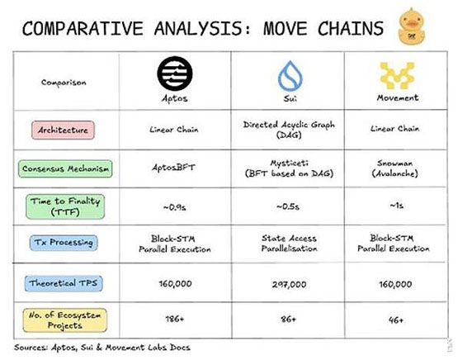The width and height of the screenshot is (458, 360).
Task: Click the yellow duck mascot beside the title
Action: coord(412,26)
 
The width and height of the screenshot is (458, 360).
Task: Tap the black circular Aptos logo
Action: coord(175,73)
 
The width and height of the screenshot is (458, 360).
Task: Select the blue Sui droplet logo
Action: coord(290,76)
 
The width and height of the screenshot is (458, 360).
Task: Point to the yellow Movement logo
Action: coord(397,75)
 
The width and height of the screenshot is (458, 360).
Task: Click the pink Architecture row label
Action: coord(63,130)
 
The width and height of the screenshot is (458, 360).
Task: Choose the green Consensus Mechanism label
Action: coord(65,168)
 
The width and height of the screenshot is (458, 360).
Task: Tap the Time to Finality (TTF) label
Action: coord(65,206)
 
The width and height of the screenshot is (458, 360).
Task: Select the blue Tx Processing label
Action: coord(64,243)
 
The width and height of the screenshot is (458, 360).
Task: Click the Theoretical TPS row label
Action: coord(64,283)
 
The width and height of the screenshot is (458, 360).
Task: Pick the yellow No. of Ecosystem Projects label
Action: coord(65,320)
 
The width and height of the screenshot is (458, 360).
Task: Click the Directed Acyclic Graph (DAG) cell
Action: coord(289,130)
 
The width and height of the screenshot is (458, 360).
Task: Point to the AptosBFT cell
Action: coord(173,168)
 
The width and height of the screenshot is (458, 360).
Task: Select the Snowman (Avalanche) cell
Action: coord(395,168)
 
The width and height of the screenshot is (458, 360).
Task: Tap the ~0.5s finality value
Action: coord(288,206)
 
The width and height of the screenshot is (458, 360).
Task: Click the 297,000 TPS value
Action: coord(289,284)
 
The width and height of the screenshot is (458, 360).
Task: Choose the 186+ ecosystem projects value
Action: coord(175,319)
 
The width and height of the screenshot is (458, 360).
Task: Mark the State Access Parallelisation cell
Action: coord(289,244)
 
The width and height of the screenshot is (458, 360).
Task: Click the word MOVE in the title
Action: coord(285,28)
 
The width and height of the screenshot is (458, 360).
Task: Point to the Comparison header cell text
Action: coord(64,83)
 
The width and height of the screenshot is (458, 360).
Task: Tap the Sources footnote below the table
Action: coord(102,348)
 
